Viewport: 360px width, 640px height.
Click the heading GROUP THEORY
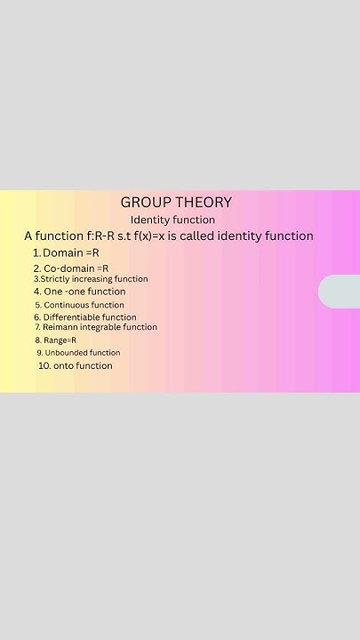coord(176,203)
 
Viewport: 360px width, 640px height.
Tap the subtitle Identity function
coord(172,220)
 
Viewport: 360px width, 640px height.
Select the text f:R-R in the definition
coord(100,236)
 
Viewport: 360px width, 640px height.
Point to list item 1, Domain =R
coord(66,253)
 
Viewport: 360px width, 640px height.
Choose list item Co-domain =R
coord(71,268)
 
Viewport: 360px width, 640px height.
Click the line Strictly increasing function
coord(91,279)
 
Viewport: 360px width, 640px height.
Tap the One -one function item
coord(79,292)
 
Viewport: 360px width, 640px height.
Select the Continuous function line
coord(79,305)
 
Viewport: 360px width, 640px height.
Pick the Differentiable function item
coord(85,317)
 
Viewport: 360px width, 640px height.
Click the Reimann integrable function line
coord(95,327)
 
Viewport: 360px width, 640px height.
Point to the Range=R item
coord(56,340)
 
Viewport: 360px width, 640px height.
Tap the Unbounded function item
coord(78,353)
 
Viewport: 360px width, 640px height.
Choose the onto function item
coord(76,365)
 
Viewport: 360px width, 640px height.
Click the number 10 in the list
coord(44,365)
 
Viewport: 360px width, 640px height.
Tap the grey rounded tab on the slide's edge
coord(340,292)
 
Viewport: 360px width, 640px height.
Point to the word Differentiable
coord(72,317)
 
